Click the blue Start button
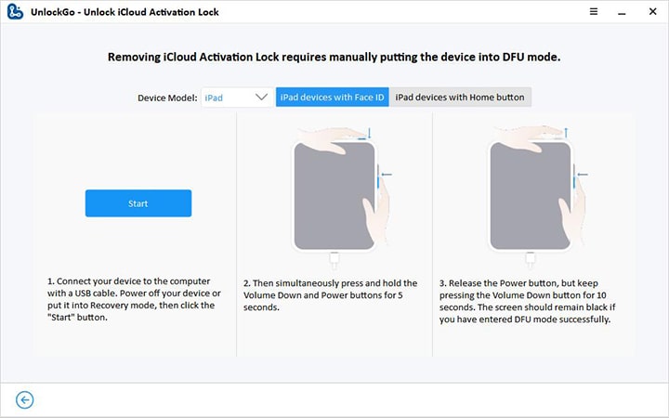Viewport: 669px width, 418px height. pos(138,203)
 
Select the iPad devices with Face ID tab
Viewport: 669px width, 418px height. pos(333,98)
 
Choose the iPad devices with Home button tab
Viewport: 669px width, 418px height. pos(460,98)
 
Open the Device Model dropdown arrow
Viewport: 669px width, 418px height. pos(261,97)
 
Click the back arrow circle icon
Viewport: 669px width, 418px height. pos(25,399)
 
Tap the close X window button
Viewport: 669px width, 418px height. pos(652,11)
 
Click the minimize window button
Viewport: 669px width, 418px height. pos(622,14)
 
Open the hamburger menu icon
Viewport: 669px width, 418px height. pos(594,11)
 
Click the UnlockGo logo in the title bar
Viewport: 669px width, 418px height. pos(15,11)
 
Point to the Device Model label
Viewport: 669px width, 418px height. pos(167,98)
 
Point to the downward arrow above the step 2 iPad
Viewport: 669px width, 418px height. pos(370,133)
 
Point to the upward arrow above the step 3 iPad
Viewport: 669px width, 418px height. pos(566,133)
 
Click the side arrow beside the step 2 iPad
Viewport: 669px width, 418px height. pos(387,174)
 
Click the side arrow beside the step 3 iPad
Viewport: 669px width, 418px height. pos(583,174)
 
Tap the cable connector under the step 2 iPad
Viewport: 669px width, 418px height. pos(334,260)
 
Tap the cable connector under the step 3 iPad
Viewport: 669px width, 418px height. pos(530,260)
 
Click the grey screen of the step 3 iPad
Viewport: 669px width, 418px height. pos(531,196)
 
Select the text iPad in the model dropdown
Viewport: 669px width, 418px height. pos(214,98)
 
